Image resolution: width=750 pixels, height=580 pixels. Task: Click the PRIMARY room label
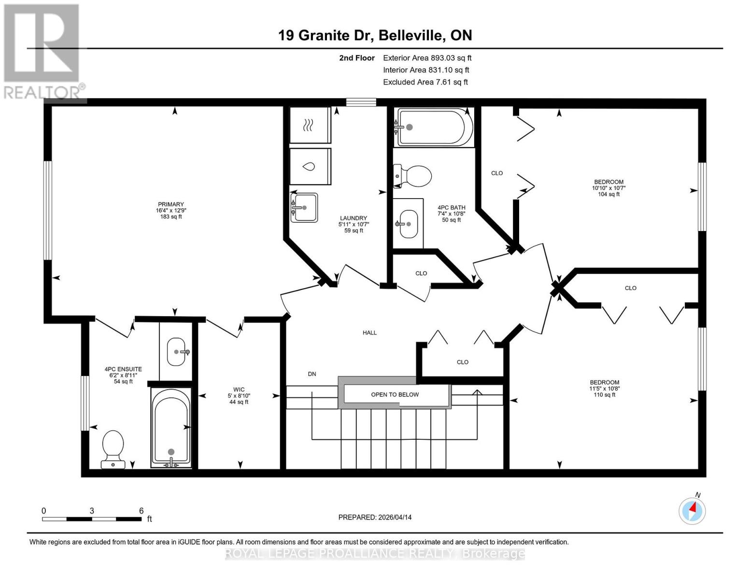coord(170,210)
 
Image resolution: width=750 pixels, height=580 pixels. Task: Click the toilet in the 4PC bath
coord(414,176)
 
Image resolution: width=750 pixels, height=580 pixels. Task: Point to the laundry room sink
coord(304,207)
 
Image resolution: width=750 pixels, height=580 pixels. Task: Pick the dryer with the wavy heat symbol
coord(310,126)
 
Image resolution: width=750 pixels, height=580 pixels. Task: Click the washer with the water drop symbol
coord(310,167)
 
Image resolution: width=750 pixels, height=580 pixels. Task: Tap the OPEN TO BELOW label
coord(395,394)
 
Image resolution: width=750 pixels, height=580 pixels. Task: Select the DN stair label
coord(312,374)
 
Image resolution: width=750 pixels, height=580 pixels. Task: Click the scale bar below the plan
coord(92,519)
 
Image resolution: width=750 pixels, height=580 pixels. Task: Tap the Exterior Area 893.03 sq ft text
coord(427,58)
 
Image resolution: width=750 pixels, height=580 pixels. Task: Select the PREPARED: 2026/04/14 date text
coord(375,517)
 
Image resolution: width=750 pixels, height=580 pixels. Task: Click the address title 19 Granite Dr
coord(375,35)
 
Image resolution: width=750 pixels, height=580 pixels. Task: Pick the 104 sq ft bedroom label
coord(608,188)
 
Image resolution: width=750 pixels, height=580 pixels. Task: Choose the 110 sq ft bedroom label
coord(604,388)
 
